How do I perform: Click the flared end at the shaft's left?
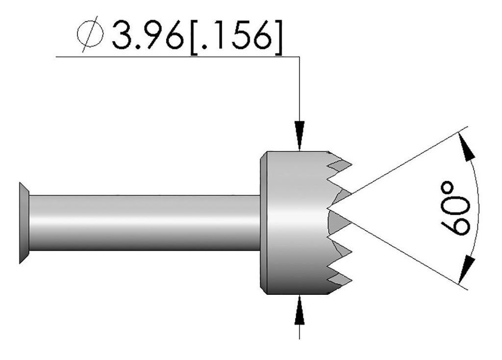click(24, 222)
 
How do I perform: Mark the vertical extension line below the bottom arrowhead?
click(300, 331)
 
